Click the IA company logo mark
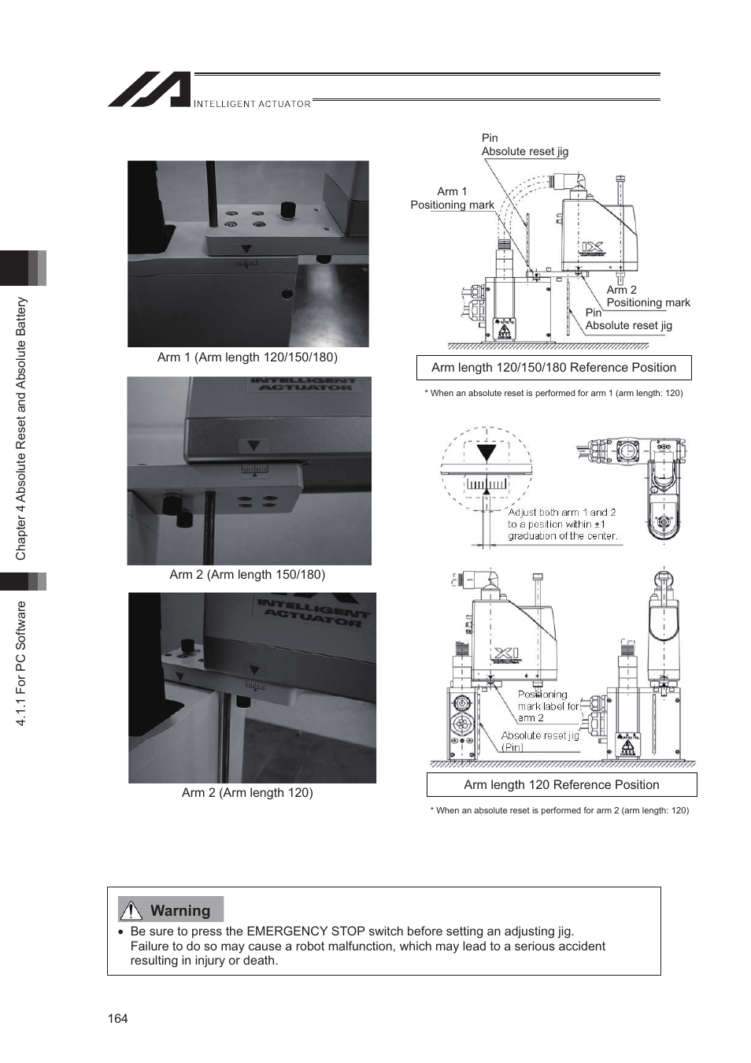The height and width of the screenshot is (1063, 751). click(x=150, y=90)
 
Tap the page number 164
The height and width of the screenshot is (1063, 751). click(x=117, y=1018)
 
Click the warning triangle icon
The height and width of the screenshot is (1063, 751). click(x=131, y=911)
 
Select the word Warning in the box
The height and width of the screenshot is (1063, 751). click(x=180, y=911)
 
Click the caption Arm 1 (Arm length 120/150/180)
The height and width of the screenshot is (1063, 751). click(x=247, y=357)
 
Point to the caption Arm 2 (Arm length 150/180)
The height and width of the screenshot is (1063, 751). click(x=247, y=575)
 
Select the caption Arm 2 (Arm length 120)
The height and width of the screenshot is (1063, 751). click(x=247, y=793)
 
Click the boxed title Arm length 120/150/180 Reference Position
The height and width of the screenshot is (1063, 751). click(x=553, y=368)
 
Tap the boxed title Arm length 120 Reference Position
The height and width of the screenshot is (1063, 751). click(x=561, y=785)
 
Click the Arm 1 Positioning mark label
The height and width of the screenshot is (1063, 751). click(x=452, y=198)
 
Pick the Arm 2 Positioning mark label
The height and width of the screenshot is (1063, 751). click(x=647, y=296)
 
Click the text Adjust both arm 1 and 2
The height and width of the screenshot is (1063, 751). click(x=561, y=513)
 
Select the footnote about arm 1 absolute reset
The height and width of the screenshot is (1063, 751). click(x=553, y=393)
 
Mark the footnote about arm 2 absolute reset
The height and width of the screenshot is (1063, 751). click(x=559, y=810)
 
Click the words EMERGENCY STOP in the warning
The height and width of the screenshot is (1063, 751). click(x=307, y=932)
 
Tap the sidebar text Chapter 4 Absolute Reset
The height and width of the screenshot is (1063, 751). click(x=21, y=428)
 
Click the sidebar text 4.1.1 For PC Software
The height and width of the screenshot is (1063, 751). click(x=21, y=663)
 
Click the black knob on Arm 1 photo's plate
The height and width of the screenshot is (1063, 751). click(x=288, y=209)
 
